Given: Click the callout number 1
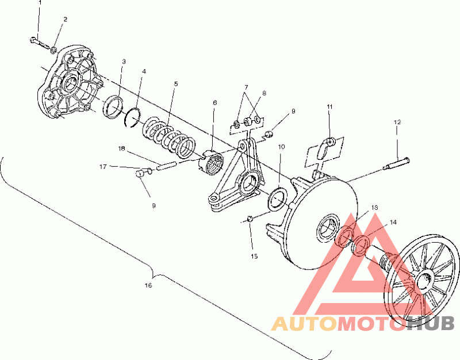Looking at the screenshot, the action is point(40,3).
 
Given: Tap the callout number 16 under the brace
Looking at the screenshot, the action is point(148,285).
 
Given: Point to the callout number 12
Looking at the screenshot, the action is point(397,122).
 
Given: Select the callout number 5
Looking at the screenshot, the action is point(176,84).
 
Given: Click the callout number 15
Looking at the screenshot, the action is point(254,256).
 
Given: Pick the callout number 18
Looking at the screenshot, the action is point(122,149).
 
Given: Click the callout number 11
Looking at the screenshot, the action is point(329,106).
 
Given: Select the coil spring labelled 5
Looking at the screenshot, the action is point(170,137).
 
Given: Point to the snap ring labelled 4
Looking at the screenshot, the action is point(133,117).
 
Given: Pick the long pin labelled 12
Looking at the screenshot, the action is point(396,163).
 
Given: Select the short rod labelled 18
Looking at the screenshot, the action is point(166,166).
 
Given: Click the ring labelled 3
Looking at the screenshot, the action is point(113,107).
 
